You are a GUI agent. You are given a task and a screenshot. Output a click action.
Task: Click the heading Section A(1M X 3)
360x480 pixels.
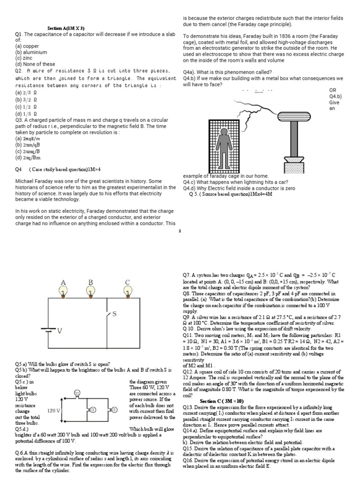tap(66, 28)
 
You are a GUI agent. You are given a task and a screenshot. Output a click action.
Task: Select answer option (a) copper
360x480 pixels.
tap(28, 46)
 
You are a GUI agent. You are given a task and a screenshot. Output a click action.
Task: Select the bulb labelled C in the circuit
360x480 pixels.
tap(127, 292)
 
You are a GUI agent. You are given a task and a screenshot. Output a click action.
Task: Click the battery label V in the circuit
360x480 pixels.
tap(60, 331)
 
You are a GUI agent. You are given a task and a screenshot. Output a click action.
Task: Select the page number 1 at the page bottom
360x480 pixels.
tap(180, 231)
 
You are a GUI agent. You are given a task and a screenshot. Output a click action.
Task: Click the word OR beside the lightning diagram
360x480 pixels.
tap(333, 90)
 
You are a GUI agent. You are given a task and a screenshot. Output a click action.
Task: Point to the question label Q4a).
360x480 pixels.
tap(191, 72)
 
